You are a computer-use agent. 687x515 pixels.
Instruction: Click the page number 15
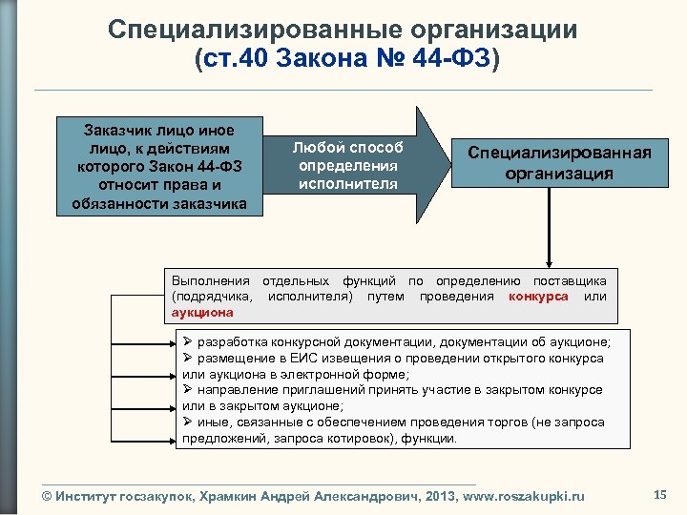click(659, 493)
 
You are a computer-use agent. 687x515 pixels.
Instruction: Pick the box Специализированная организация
click(559, 163)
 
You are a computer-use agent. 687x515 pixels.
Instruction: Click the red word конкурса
click(538, 296)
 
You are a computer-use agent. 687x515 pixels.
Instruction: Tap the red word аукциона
click(202, 312)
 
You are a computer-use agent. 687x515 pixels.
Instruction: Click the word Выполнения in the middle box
click(210, 280)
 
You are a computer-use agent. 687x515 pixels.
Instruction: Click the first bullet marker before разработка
click(188, 341)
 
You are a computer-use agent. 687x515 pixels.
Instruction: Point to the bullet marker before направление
click(188, 390)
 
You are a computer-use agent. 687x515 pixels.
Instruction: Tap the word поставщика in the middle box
click(570, 280)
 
